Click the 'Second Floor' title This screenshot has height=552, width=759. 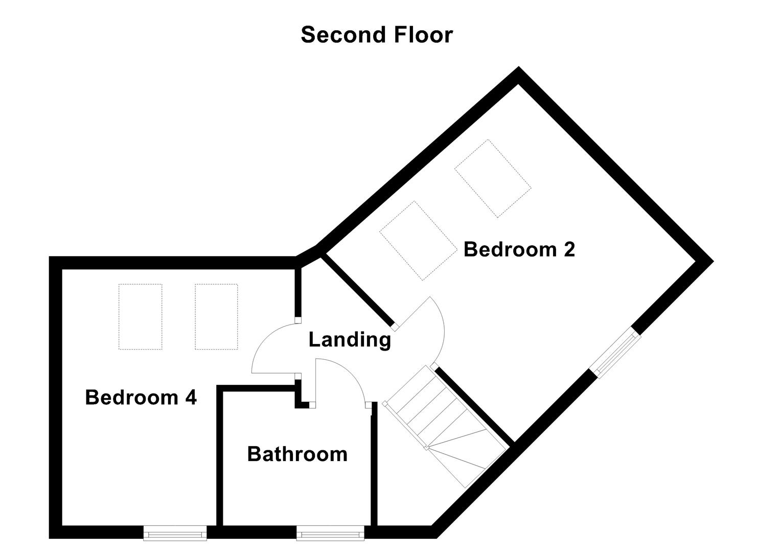pos(377,35)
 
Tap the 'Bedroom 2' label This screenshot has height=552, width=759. pos(519,249)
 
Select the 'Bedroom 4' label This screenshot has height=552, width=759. pos(141,397)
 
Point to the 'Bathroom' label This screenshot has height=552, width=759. pos(297,454)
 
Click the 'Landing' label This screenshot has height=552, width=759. pos(350,339)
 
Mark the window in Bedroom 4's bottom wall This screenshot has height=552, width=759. pos(175,533)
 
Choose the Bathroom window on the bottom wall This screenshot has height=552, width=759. pos(330,533)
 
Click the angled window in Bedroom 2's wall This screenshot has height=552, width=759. pos(615,353)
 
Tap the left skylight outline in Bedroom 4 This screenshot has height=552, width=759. pos(140,317)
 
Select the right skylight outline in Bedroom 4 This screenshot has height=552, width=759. pos(216,317)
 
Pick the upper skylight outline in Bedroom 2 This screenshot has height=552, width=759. pos(492,178)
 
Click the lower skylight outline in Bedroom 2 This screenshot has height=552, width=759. pos(418,240)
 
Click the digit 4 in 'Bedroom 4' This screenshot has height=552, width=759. pos(191,397)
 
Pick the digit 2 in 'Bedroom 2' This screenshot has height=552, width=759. pos(569,249)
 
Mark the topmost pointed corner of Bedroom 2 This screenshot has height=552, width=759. pos(519,72)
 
